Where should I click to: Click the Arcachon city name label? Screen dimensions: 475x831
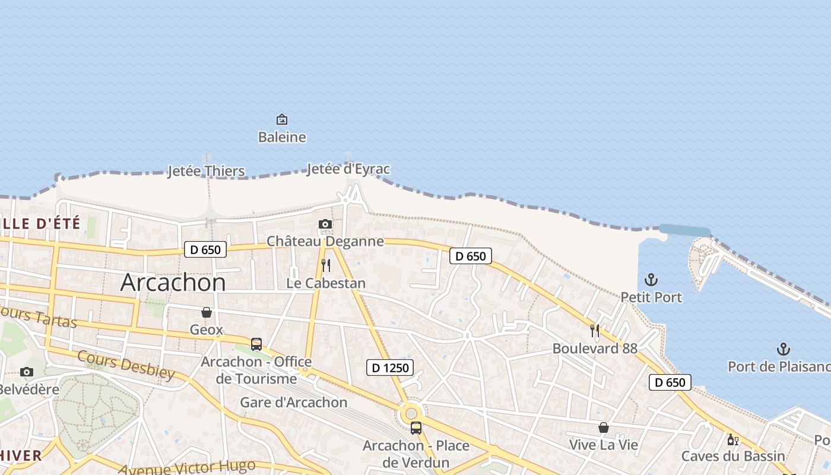click(173, 282)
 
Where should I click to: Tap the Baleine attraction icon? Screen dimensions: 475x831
click(282, 119)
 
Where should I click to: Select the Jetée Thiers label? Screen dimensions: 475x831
click(206, 171)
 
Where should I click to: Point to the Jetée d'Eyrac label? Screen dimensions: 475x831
click(348, 169)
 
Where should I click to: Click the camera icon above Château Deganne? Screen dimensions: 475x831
click(325, 224)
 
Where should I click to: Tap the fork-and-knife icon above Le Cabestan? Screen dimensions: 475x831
click(325, 265)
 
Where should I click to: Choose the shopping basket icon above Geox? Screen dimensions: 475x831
click(207, 312)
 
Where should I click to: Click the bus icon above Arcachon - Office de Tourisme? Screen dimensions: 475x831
click(256, 344)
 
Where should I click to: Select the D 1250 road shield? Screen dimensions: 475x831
click(389, 368)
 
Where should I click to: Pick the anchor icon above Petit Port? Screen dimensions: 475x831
click(652, 279)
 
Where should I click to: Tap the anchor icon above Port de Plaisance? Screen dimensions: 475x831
click(784, 349)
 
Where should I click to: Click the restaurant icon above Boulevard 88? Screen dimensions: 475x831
click(595, 330)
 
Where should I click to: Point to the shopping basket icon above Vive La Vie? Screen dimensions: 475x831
click(604, 427)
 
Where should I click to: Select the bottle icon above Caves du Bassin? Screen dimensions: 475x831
click(732, 439)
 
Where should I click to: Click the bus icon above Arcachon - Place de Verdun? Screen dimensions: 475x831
click(416, 427)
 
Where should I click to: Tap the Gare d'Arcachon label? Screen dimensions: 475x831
click(294, 402)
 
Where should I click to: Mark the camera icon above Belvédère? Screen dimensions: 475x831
click(27, 372)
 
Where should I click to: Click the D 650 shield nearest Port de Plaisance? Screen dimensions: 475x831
click(670, 382)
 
